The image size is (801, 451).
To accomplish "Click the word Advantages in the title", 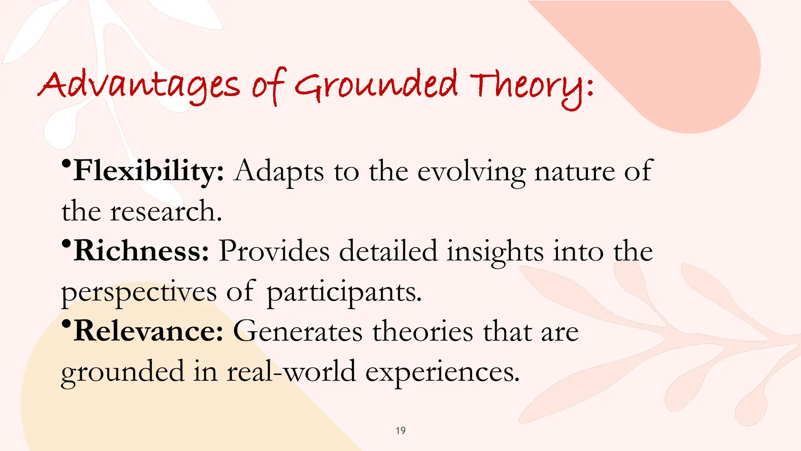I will [x=139, y=85].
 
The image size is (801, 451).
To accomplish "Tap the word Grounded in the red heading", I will [x=375, y=85].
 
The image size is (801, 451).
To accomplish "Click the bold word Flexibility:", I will [x=149, y=171].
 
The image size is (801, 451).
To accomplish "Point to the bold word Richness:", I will [x=141, y=251].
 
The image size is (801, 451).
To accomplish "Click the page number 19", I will [x=400, y=431].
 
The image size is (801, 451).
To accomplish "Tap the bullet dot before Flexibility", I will [x=66, y=163].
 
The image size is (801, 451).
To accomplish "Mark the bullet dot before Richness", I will [x=66, y=243].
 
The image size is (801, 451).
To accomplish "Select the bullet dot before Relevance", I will [x=66, y=323].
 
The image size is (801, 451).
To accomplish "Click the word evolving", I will [x=471, y=172].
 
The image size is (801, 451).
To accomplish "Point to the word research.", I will [x=166, y=211].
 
